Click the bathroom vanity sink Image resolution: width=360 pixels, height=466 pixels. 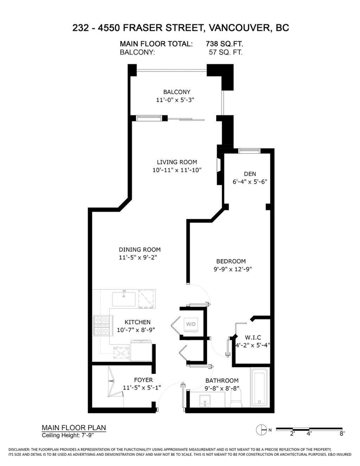[204, 400]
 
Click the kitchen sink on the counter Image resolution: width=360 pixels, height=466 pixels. [124, 299]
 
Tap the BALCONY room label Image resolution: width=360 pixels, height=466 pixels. [177, 92]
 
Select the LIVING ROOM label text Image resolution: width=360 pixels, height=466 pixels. [177, 162]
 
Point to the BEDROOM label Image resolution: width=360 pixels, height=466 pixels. [231, 261]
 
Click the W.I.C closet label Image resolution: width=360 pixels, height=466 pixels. [252, 337]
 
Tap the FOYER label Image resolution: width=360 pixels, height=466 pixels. [143, 380]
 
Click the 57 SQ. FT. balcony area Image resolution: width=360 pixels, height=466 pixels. [226, 52]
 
